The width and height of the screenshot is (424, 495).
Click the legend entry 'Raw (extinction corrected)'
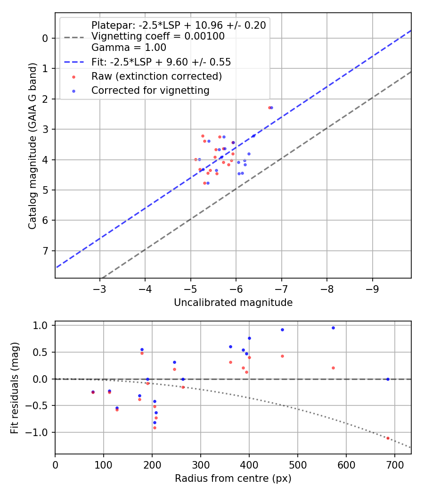click(x=156, y=76)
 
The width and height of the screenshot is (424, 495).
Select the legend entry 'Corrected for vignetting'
click(x=150, y=90)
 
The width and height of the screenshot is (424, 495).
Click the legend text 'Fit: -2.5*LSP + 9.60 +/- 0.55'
click(x=161, y=62)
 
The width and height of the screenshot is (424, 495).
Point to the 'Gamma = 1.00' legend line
click(x=129, y=48)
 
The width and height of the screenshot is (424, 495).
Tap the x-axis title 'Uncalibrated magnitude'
click(x=233, y=303)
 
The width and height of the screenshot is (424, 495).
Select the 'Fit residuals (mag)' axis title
click(x=15, y=387)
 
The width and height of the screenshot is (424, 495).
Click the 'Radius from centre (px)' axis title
click(x=233, y=478)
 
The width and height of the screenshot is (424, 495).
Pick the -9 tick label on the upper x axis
click(x=372, y=289)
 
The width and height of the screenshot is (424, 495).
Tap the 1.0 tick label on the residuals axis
click(x=42, y=326)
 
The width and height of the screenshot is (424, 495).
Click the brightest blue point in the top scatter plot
click(x=271, y=107)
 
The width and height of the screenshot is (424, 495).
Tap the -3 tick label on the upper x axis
click(x=99, y=289)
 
